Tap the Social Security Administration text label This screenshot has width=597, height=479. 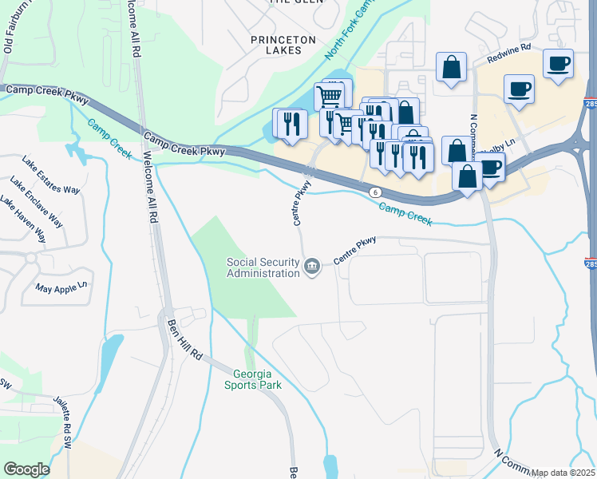[x=263, y=267]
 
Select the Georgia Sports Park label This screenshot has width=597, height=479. [x=258, y=379]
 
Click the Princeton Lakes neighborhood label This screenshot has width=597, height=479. [x=276, y=44]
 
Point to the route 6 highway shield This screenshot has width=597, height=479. [x=374, y=192]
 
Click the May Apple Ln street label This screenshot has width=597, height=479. [x=60, y=286]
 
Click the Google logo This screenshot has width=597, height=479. [x=26, y=469]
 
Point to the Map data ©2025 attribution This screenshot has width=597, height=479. [x=563, y=473]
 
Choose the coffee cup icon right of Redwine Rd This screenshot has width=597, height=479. [x=558, y=63]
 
